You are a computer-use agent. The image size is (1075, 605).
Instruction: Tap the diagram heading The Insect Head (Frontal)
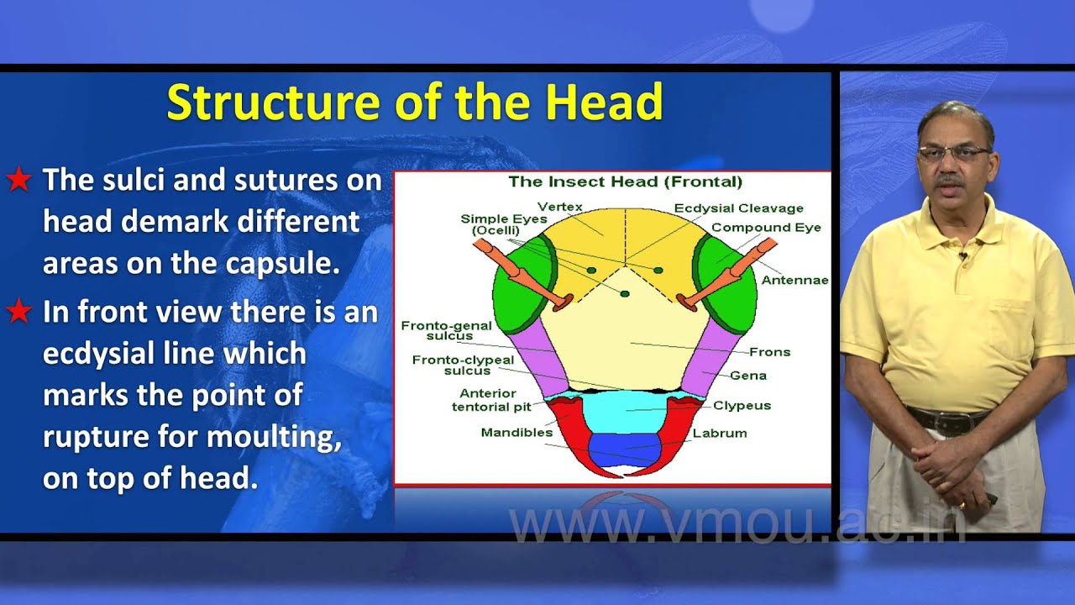tap(625, 181)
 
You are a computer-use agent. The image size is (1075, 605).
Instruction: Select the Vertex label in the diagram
tap(559, 207)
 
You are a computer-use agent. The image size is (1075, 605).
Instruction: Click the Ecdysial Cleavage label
tap(738, 208)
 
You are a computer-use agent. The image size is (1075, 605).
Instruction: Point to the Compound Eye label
tap(766, 228)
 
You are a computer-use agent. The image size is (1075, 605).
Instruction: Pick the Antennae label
tap(794, 280)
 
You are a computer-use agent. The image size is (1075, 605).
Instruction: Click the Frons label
tap(769, 352)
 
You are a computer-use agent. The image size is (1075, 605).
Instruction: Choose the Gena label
tap(747, 376)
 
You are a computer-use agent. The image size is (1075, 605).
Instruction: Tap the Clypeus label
tap(742, 406)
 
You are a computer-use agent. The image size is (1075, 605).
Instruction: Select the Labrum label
tap(719, 434)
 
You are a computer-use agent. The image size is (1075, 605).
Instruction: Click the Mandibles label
tap(517, 433)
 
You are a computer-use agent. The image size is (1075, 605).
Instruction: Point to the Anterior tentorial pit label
tap(491, 400)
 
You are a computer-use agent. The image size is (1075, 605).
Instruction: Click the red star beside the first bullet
tap(18, 180)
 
